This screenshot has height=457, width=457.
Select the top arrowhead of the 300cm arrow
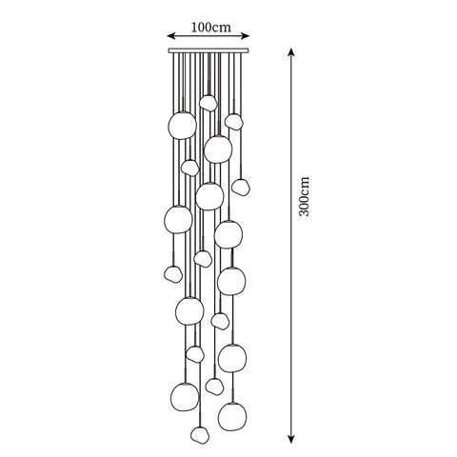click(291, 50)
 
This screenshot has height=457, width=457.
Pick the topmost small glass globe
click(209, 102)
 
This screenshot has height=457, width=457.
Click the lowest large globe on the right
click(231, 415)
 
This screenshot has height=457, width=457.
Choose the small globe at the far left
click(172, 274)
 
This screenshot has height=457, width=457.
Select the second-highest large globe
click(217, 149)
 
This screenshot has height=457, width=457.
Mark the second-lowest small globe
click(215, 386)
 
